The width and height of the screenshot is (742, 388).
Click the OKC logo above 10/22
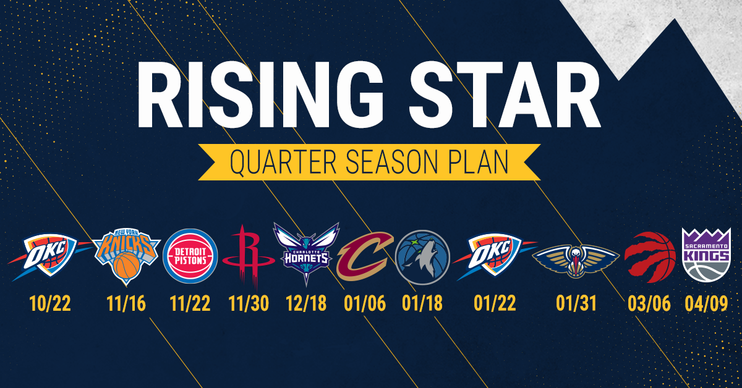[45, 255]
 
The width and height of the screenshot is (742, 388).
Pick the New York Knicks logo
[127, 255]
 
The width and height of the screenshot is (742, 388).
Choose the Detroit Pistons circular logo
[190, 255]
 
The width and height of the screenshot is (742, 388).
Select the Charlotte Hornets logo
[307, 255]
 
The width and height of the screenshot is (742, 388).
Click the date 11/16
[126, 304]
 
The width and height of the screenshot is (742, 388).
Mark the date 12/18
[306, 304]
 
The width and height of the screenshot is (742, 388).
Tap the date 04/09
[706, 304]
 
